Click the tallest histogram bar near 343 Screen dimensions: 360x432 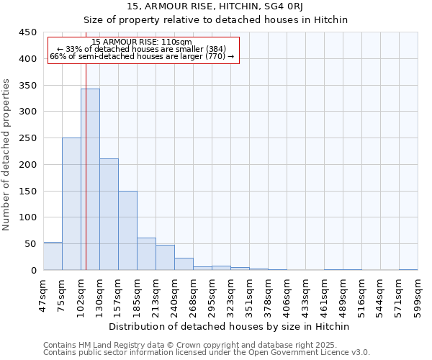[x=90, y=179]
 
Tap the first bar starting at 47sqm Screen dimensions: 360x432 [x=53, y=256]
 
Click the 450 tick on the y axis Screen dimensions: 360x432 [x=28, y=32]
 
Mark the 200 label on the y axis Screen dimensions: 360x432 [x=28, y=165]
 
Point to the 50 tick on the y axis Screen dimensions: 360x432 [x=31, y=244]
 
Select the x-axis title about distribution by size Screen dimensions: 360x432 [x=230, y=327]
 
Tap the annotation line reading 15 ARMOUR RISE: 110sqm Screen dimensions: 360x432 [x=142, y=42]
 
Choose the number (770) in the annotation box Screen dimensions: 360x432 [x=214, y=55]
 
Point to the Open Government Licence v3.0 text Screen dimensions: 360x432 [x=316, y=352]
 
